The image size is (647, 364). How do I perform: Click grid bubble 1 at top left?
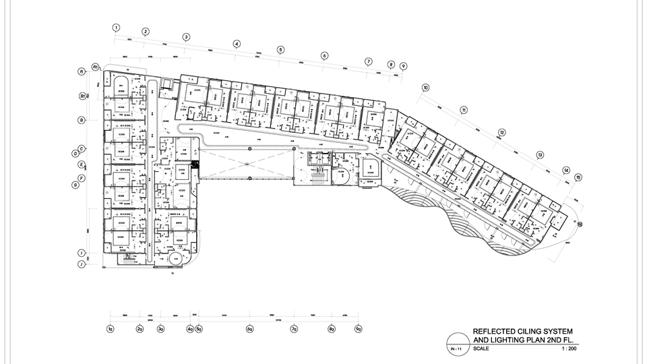coord(116,28)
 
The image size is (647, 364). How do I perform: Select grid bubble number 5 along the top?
coord(280,49)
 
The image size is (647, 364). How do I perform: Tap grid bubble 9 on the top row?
coord(403,66)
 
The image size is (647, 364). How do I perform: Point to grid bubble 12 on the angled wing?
coord(502,132)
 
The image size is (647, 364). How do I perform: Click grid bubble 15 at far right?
coord(578,177)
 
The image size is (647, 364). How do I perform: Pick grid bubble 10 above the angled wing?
coord(425,88)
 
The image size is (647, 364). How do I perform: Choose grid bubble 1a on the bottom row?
coord(110,329)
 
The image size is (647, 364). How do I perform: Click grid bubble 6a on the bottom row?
coord(249,329)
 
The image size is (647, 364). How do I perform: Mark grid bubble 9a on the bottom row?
coord(359,329)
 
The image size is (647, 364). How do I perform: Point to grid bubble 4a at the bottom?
coord(190,329)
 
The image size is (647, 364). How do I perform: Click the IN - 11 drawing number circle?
coord(456,348)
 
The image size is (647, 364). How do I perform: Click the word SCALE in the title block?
coord(482,349)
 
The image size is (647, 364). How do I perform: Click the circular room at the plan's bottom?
coord(175,257)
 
